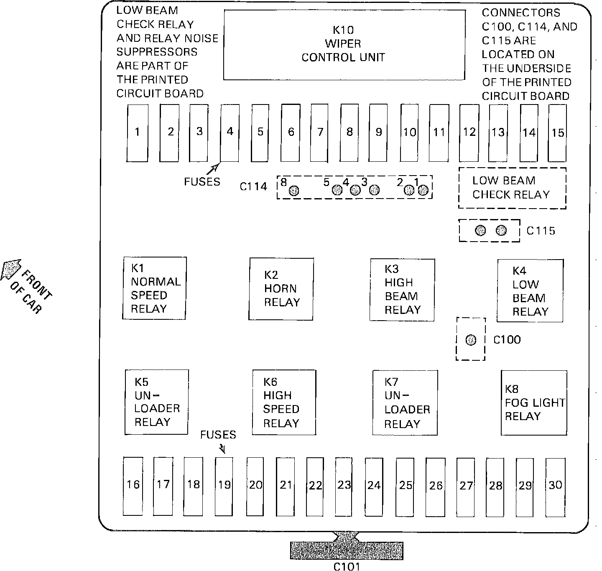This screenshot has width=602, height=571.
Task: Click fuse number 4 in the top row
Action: (230, 133)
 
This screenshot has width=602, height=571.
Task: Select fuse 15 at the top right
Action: (557, 133)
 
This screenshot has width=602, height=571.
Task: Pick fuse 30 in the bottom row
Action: (555, 486)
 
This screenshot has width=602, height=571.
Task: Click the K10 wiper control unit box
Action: (344, 44)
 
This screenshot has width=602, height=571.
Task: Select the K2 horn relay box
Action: (281, 289)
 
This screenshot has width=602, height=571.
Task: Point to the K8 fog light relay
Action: (534, 403)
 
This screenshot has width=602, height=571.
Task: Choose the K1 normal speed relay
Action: (154, 288)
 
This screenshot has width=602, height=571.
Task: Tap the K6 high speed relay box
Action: (284, 403)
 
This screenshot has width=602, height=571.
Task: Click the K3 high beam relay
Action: (402, 289)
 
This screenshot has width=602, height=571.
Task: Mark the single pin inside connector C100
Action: (471, 340)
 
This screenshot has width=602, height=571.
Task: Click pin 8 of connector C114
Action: (294, 191)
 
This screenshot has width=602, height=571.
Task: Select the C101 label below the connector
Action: (347, 566)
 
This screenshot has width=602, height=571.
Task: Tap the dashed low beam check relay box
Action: (512, 188)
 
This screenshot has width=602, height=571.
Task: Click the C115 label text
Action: (541, 231)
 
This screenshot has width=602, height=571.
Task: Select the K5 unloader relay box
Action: (156, 402)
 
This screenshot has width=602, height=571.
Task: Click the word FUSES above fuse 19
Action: (218, 435)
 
